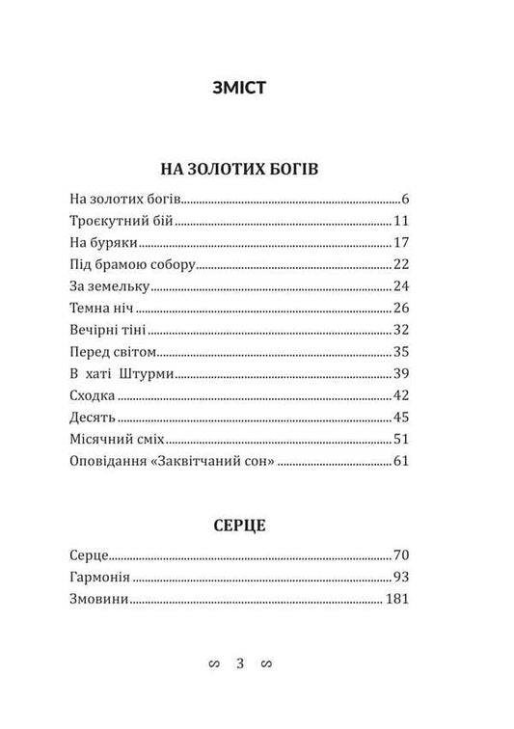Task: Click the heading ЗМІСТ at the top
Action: point(257,89)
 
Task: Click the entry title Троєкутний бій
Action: point(122,221)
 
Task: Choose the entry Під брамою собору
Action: point(133,264)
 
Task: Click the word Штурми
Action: point(145,374)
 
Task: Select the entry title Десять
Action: point(94,418)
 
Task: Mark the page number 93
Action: point(403,579)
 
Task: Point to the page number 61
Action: point(403,462)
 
